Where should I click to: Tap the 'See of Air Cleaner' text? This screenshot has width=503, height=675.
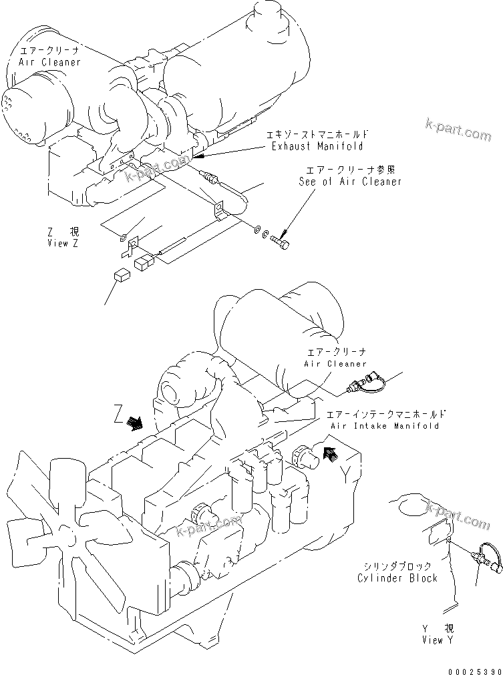(350, 182)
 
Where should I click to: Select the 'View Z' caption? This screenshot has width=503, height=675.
(63, 243)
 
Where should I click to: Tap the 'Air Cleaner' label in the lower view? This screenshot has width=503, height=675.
(335, 364)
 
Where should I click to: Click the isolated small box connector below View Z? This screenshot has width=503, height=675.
(122, 274)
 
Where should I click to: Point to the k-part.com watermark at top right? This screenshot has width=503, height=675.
(458, 130)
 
